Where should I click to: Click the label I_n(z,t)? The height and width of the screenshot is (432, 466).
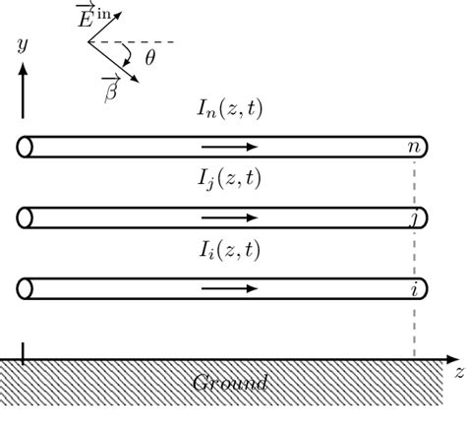(228, 110)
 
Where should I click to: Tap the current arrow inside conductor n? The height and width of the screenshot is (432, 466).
(228, 147)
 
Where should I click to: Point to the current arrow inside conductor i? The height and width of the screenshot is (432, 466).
(228, 289)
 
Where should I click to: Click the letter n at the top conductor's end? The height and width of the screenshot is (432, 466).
(415, 148)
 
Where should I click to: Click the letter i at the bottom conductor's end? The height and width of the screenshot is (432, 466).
(415, 288)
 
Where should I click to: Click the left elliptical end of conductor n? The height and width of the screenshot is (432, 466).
(26, 147)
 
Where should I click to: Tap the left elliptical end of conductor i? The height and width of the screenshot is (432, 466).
(26, 289)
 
